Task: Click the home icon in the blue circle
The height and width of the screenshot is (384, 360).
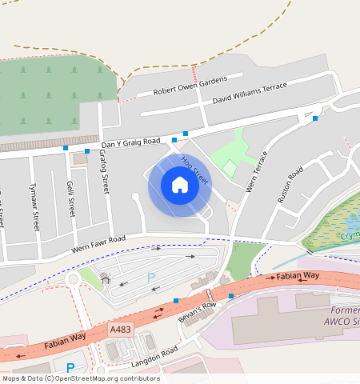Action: tap(180, 186)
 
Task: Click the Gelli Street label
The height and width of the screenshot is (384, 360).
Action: tap(71, 199)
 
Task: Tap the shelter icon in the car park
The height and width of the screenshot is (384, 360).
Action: tap(106, 278)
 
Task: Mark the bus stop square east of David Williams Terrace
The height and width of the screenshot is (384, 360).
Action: tap(315, 118)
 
